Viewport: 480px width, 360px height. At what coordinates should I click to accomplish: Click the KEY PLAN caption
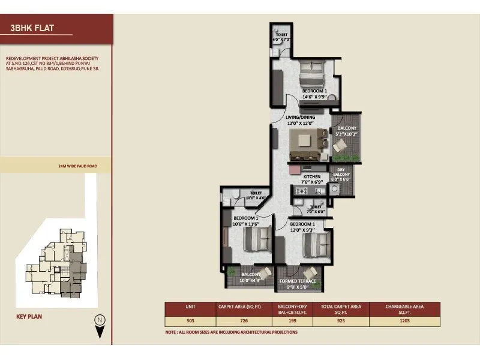tap(29, 317)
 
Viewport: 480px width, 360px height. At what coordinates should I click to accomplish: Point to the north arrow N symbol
tap(101, 319)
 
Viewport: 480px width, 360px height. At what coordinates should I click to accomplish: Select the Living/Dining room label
tap(301, 118)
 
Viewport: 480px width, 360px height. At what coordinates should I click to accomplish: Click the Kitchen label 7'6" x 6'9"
tap(311, 178)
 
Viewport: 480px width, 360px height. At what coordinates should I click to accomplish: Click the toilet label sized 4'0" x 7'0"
tap(280, 37)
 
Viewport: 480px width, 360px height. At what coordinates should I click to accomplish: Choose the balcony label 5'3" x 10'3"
tap(347, 131)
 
